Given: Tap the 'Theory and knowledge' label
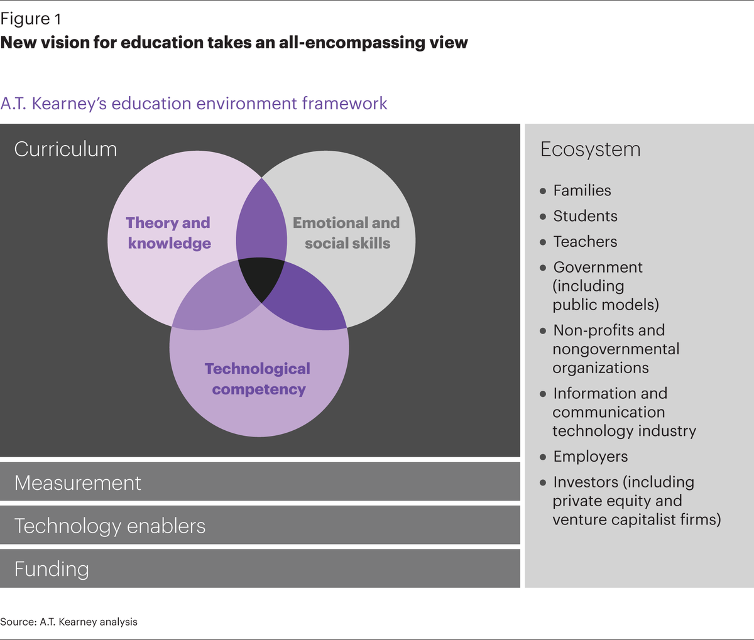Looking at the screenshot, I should click(x=168, y=233).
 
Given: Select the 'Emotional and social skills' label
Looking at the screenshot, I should click(x=346, y=233).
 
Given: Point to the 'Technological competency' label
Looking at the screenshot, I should click(x=258, y=379).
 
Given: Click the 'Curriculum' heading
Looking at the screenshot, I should click(x=65, y=149).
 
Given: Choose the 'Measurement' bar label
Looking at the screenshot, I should click(x=78, y=483).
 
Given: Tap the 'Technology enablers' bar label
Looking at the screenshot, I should click(x=110, y=526).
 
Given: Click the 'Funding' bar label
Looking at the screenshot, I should click(x=52, y=569).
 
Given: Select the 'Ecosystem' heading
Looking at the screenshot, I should click(x=591, y=149).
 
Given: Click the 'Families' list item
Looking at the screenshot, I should click(x=582, y=191).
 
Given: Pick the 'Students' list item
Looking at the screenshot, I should click(x=585, y=217).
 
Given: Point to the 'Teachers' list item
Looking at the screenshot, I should click(x=585, y=242).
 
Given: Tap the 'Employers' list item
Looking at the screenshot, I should click(x=590, y=457).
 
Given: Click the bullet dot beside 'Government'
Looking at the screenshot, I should click(x=544, y=268).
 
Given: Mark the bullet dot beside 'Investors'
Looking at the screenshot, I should click(x=544, y=483).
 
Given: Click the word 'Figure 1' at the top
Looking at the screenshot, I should click(x=31, y=19).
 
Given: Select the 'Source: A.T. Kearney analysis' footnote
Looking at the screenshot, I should click(x=68, y=622).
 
